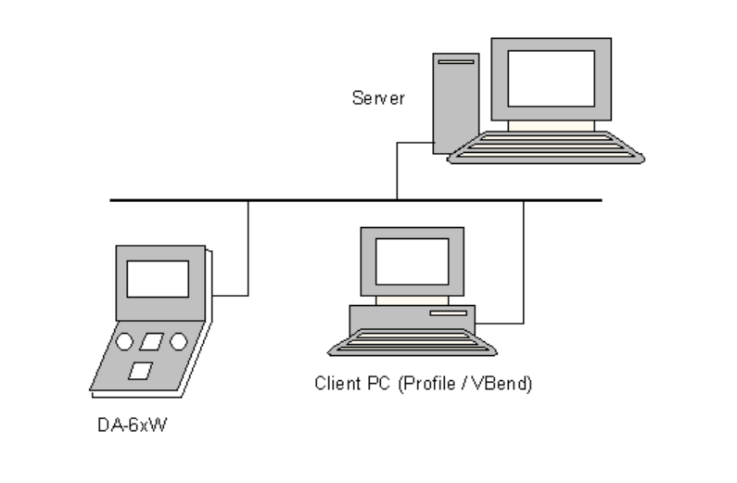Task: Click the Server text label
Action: [377, 97]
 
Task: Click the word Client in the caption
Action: [335, 383]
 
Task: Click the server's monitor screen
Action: [551, 78]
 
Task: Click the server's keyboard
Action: [547, 147]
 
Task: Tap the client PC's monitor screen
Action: [412, 261]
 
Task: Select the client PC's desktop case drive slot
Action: [448, 314]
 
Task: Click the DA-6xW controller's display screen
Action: [158, 278]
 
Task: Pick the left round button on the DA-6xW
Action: [124, 342]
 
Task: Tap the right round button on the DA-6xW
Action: [178, 342]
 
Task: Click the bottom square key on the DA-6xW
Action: [139, 371]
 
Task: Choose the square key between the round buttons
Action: [150, 342]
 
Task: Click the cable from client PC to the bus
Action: [524, 269]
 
